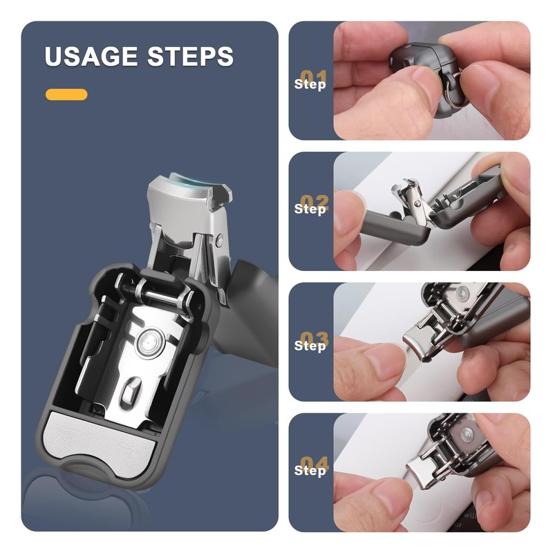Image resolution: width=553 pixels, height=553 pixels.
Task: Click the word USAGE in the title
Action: pyautogui.click(x=91, y=57)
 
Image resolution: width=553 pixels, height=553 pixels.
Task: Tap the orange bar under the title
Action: pyautogui.click(x=66, y=95)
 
